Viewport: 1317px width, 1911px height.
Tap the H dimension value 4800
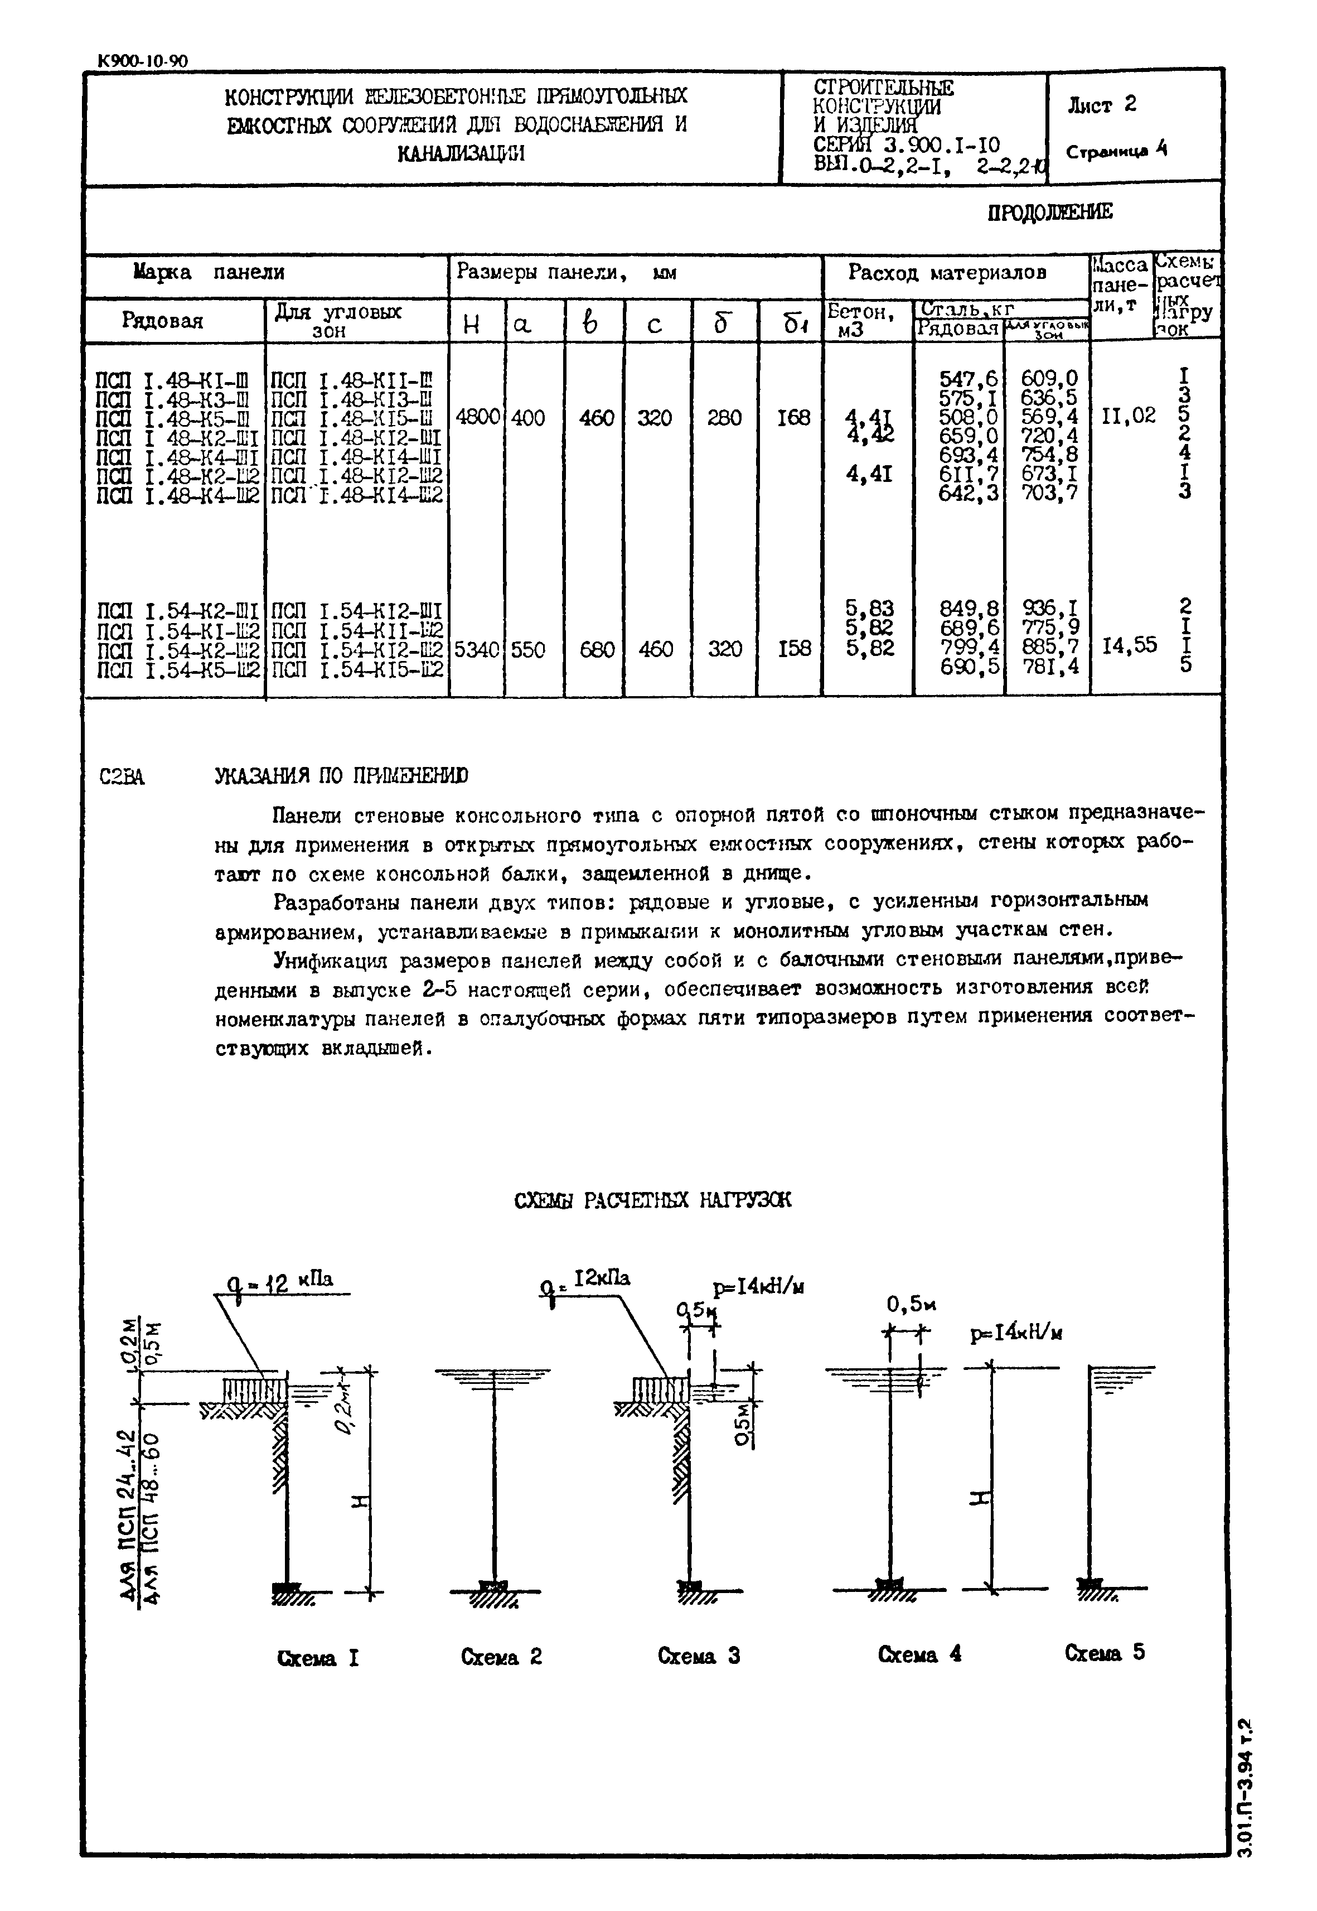tap(477, 418)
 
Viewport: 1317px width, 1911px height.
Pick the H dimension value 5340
tap(477, 650)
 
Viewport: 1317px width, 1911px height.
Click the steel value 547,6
tap(968, 379)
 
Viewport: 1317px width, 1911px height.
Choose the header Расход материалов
tap(947, 272)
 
